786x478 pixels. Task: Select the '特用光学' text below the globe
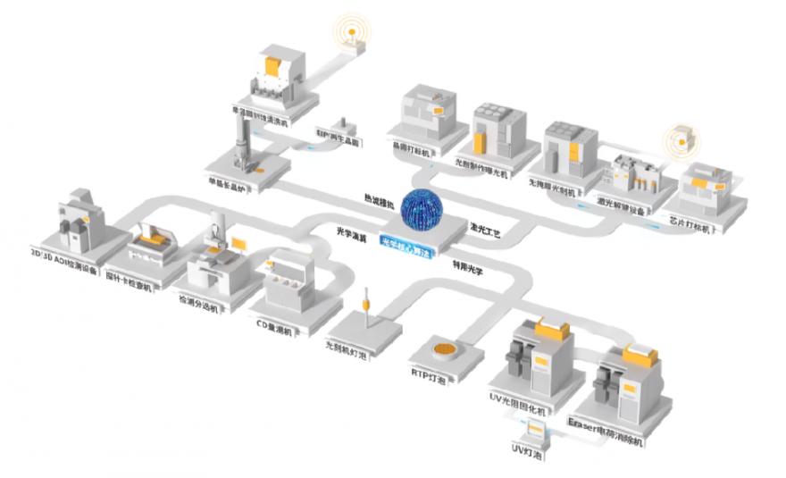[468, 265]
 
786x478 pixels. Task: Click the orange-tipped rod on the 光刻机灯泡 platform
[367, 305]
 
